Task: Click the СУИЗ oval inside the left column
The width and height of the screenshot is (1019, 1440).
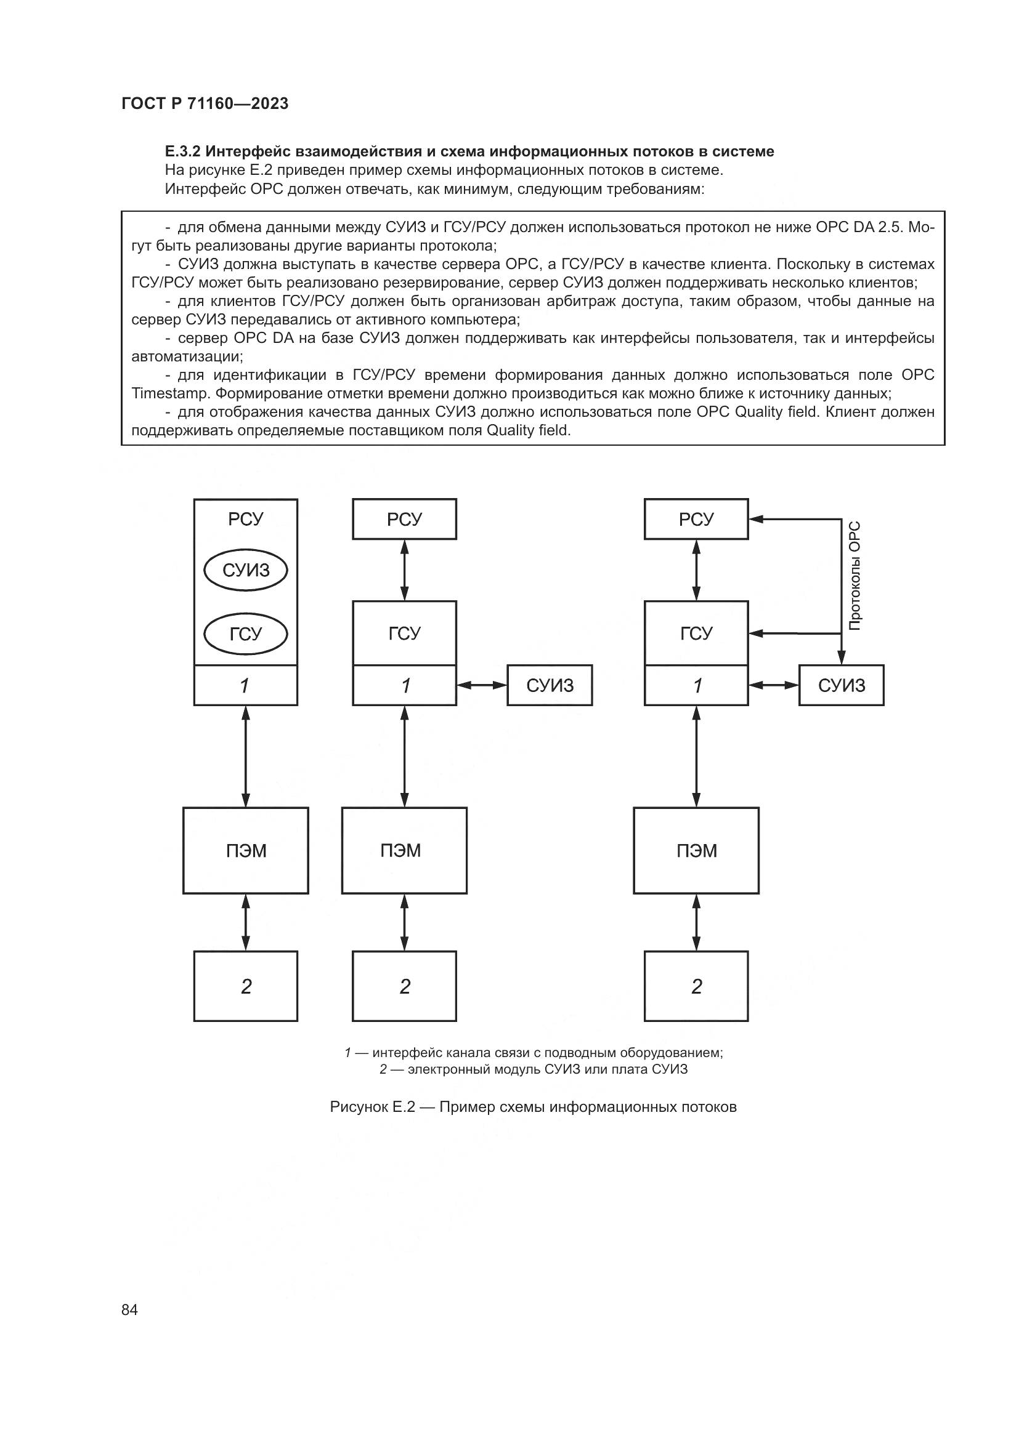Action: point(245,570)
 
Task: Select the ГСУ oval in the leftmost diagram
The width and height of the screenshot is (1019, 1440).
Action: point(245,634)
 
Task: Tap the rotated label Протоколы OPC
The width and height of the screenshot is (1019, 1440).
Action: point(855,575)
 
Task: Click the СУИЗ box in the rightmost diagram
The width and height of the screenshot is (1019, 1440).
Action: point(841,685)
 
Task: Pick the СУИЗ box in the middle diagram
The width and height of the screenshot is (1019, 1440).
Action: point(549,685)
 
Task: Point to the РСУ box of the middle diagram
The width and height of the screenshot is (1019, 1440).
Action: point(404,520)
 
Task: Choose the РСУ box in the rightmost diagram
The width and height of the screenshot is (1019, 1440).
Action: point(696,520)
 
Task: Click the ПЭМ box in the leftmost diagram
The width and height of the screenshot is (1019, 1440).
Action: point(245,850)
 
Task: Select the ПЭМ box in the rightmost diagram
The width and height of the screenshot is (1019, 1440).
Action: point(696,850)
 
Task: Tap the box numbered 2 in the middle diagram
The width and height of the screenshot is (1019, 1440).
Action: point(404,986)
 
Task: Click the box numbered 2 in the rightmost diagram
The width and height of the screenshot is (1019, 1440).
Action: point(696,986)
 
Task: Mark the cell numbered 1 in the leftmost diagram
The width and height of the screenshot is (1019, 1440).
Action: point(245,685)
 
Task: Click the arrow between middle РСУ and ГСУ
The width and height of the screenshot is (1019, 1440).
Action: point(404,570)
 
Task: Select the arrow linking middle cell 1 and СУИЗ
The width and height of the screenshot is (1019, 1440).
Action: point(481,685)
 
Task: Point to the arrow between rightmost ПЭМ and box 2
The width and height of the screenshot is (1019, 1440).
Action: point(696,923)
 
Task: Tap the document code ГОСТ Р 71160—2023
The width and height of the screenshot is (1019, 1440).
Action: point(205,104)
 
